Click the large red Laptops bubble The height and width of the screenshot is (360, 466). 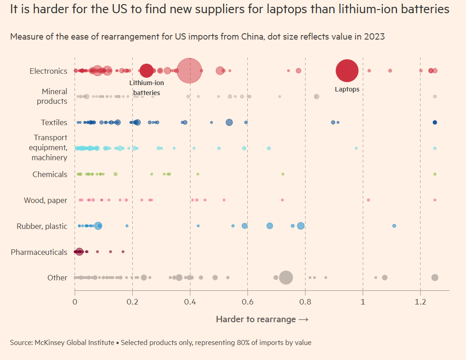point(347,71)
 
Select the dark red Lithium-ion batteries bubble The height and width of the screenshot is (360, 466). point(146,71)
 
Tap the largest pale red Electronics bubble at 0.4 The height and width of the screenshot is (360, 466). point(189,71)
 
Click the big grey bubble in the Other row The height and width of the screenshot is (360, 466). point(286,278)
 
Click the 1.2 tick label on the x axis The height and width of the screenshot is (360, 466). point(420,302)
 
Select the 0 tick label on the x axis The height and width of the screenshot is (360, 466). point(75,302)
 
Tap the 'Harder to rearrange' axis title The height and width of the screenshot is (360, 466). point(262,319)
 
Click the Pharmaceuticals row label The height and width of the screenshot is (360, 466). point(39,252)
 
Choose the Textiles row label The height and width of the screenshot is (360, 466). point(54,122)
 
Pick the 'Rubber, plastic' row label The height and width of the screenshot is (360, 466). point(42,226)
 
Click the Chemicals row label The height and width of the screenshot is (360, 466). point(50,174)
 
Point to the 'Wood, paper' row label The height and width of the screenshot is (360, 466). point(45,200)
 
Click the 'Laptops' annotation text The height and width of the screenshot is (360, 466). point(347,89)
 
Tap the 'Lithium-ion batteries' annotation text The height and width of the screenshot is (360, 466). point(146,88)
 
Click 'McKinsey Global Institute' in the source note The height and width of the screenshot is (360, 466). point(74,342)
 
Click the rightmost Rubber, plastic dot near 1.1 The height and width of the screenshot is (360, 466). point(394,226)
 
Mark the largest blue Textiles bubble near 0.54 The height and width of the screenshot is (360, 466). point(229,122)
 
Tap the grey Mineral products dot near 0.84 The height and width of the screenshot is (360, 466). point(316,96)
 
